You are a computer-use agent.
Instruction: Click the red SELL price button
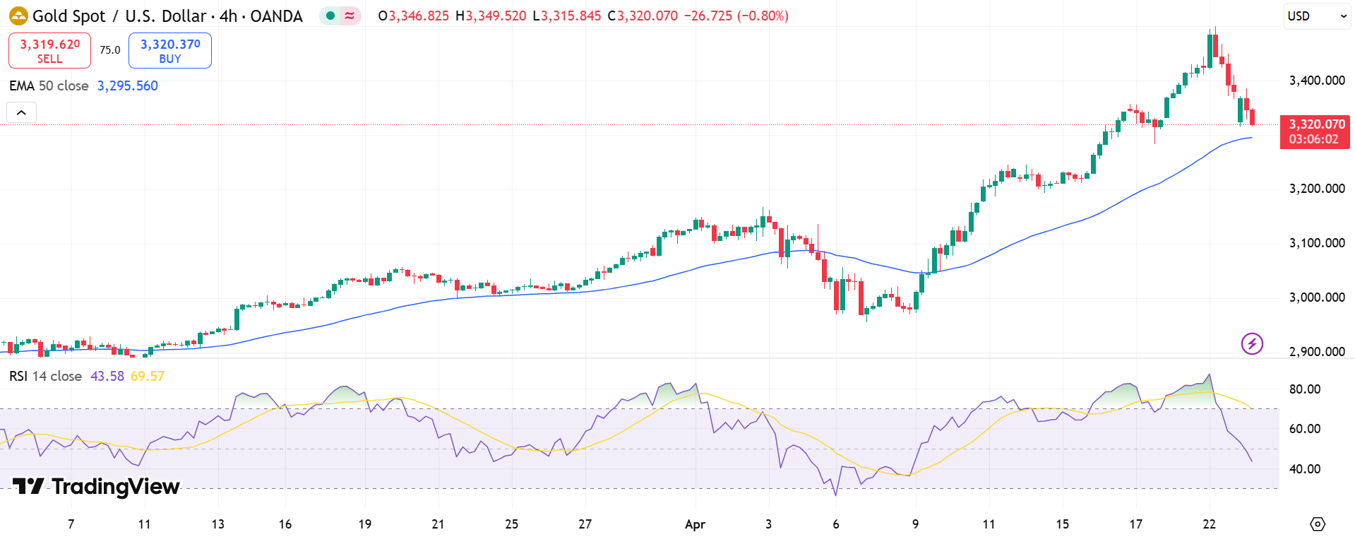click(49, 51)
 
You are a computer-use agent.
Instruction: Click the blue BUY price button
click(170, 51)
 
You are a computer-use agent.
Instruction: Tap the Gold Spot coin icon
click(18, 16)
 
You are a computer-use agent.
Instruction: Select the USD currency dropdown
click(1316, 16)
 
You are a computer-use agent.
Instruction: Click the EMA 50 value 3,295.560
click(128, 86)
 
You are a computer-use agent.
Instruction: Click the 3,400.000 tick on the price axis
click(1317, 81)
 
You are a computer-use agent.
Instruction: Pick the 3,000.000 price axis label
click(1317, 297)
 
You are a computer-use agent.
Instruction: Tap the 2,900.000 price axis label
click(1317, 352)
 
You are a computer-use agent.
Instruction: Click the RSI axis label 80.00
click(1305, 389)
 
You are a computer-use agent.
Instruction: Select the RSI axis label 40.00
click(1305, 469)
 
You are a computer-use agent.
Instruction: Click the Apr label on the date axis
click(695, 524)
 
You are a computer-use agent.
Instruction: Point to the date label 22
click(1209, 524)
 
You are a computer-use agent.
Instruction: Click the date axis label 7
click(71, 524)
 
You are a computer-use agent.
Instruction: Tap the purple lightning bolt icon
click(1252, 344)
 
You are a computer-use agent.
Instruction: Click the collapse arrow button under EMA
click(21, 112)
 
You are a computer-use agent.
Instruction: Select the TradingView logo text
click(97, 487)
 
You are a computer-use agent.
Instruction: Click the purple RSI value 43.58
click(107, 377)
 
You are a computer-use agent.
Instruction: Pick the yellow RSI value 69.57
click(148, 377)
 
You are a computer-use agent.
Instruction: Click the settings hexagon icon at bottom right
click(1318, 524)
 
